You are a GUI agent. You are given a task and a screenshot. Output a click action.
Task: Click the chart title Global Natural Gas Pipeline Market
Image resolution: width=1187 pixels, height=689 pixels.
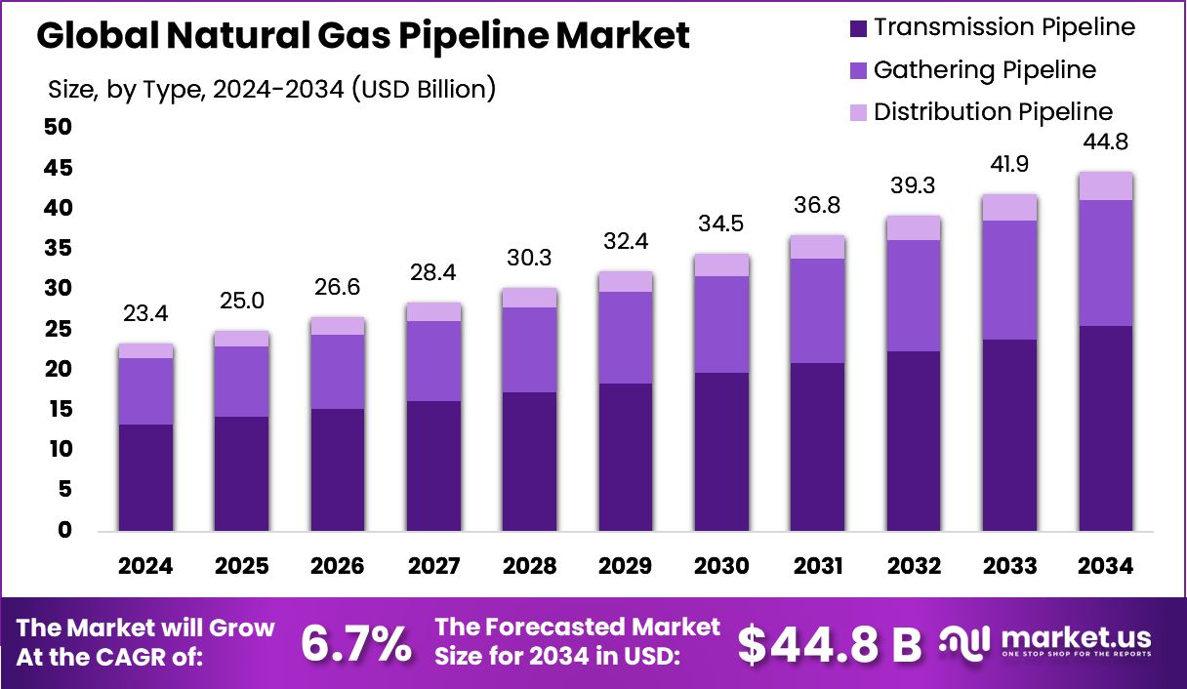pos(363,37)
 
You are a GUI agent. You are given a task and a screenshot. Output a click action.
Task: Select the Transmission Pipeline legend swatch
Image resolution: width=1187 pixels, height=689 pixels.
pos(858,28)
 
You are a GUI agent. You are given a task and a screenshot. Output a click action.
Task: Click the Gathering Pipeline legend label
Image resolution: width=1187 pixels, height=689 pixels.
pos(984,70)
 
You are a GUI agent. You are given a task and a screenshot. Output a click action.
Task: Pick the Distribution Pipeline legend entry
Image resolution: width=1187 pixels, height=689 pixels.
pos(993,112)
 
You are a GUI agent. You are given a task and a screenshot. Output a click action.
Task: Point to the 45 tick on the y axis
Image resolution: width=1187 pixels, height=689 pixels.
pos(59,169)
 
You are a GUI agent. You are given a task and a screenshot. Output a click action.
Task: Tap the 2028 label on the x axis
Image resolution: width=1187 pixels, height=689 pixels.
pos(529,567)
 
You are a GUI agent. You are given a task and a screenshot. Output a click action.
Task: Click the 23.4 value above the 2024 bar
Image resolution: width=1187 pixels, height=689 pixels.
pos(145,314)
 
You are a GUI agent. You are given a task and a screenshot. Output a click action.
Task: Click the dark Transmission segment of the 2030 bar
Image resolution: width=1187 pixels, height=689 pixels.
pos(721,452)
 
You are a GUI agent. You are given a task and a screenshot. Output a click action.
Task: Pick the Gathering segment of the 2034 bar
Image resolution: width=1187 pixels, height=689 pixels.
pos(1105,263)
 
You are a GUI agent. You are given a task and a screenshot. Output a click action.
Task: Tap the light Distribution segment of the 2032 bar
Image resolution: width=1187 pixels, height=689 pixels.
pos(914,227)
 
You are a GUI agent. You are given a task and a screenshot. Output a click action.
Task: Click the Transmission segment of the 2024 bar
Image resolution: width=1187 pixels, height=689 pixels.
pos(145,477)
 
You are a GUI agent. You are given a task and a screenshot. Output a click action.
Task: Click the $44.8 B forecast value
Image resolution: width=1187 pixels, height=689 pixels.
pos(829,643)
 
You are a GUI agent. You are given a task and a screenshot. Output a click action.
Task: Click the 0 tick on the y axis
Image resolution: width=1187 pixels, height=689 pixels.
pos(65,531)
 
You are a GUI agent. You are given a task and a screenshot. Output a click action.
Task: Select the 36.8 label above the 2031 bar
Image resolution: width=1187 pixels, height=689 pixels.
pos(817,206)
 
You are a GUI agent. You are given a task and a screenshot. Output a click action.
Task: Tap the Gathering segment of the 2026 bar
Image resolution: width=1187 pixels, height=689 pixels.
pos(338,372)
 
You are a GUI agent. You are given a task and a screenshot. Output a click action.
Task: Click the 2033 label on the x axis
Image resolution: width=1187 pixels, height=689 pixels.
pos(1009,567)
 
